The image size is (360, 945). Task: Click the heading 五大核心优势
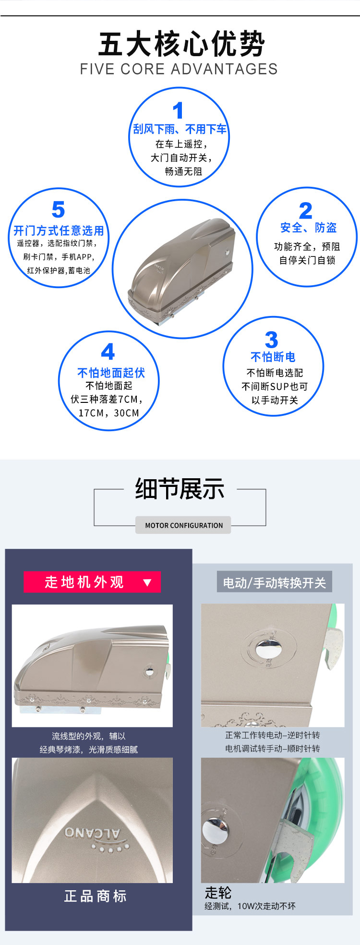tap(181, 44)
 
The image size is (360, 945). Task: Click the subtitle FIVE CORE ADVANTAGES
tap(179, 69)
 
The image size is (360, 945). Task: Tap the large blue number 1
tap(178, 110)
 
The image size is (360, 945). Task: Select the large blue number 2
tap(305, 210)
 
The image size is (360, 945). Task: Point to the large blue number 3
tap(271, 340)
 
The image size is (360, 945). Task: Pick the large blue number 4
tap(108, 351)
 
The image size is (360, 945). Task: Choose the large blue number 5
tap(58, 210)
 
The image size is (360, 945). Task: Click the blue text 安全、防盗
tap(308, 228)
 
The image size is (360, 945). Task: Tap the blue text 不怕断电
tap(273, 357)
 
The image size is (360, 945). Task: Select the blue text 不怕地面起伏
tap(111, 373)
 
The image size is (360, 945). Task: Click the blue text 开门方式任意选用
tap(59, 230)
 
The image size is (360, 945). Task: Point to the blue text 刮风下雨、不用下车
tap(180, 129)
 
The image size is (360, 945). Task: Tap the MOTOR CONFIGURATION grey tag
tap(183, 525)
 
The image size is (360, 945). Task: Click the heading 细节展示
tap(180, 489)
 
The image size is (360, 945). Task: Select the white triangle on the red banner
tap(147, 582)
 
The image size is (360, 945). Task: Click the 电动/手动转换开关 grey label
tap(274, 582)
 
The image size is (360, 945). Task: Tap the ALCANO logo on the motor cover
tap(93, 833)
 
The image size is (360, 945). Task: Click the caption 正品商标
tap(95, 896)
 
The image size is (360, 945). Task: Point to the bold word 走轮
tap(218, 893)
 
